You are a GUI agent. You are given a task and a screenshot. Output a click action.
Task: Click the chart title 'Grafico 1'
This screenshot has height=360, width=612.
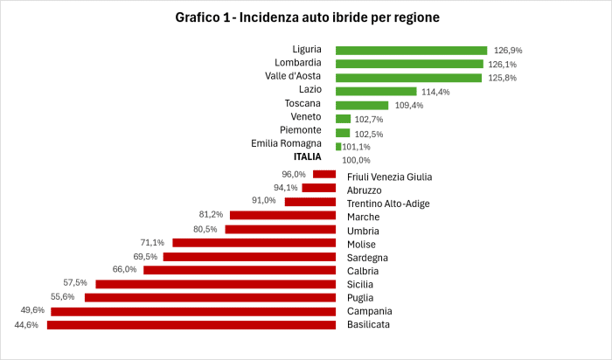306,17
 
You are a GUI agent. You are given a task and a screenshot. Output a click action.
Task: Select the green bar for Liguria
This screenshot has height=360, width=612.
411,51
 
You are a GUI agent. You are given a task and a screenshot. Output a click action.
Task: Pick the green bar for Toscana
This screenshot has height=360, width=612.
362,105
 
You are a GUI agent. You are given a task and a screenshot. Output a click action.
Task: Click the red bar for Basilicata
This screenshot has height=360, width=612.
191,325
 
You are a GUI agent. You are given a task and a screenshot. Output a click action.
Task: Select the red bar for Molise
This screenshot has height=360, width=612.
254,243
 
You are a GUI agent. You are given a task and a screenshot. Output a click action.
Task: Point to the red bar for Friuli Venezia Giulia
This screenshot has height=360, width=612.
324,174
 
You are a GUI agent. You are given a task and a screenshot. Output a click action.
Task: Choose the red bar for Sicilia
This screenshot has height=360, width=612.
216,284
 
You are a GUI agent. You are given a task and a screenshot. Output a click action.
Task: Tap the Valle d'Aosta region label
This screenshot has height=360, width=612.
294,77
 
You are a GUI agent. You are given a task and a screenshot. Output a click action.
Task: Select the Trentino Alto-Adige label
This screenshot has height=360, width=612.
382,203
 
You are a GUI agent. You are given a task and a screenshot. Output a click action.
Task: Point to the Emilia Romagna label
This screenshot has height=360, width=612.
286,143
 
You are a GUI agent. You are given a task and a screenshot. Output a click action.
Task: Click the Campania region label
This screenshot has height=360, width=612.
370,311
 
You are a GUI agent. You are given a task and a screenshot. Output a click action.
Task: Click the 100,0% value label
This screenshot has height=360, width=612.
356,160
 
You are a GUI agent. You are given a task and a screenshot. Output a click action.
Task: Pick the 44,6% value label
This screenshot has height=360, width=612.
28,323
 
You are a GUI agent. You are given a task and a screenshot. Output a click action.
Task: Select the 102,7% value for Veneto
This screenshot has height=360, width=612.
371,118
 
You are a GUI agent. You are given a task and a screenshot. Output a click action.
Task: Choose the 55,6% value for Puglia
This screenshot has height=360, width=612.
62,296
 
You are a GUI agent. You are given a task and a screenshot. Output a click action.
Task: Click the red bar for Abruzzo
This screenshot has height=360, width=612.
319,188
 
